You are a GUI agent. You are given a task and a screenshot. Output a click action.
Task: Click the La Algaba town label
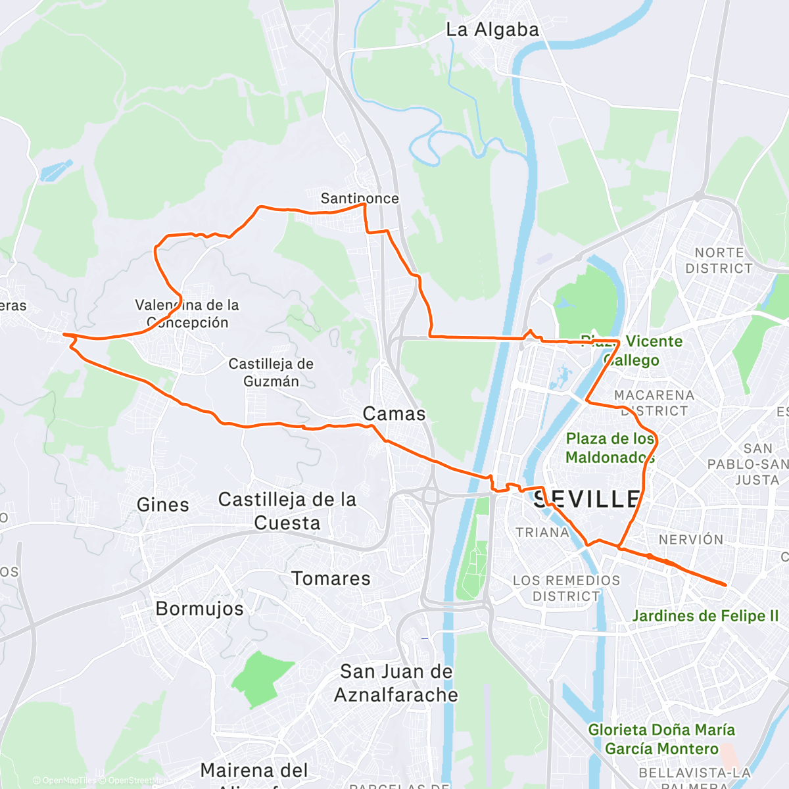[x=492, y=30]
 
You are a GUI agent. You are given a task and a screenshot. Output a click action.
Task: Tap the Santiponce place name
[x=360, y=198]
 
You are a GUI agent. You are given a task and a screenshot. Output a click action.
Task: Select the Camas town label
[x=394, y=414]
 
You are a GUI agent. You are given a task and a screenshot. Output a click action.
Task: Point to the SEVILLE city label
[x=586, y=499]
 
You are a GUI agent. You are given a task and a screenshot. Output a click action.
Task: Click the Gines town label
[x=163, y=505]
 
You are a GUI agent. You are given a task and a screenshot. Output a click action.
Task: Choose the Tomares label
[x=331, y=579]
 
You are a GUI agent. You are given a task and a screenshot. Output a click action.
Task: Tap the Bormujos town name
[x=199, y=609]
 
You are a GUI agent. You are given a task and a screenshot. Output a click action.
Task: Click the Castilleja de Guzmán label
[x=271, y=373]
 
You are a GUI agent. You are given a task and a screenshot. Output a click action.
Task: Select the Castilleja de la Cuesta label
[x=287, y=511]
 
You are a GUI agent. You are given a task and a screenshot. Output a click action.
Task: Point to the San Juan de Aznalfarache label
[x=396, y=683]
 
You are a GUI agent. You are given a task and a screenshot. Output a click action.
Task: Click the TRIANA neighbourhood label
[x=542, y=533]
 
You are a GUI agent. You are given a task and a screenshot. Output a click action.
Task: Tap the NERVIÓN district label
[x=691, y=540]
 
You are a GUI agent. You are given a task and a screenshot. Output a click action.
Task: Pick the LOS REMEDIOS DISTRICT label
[x=566, y=588]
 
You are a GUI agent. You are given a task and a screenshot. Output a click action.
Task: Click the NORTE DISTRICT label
[x=719, y=260]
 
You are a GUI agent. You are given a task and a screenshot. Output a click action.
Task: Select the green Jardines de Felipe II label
[x=705, y=616]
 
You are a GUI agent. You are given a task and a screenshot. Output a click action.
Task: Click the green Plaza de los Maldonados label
[x=610, y=448]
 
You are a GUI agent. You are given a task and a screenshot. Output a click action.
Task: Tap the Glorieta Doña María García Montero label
[x=661, y=739]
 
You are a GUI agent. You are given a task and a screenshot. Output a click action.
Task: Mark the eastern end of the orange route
[x=725, y=585]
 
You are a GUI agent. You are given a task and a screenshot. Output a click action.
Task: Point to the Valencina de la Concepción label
[x=187, y=314]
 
